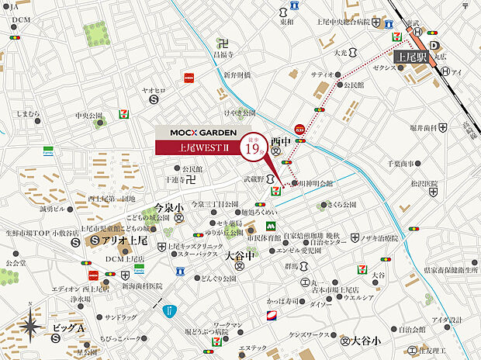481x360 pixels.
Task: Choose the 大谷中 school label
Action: (238, 254)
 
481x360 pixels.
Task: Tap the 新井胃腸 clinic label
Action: (237, 74)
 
